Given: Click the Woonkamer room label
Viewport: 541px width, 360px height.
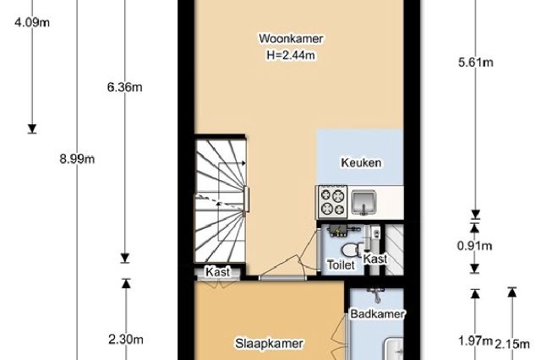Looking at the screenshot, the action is (x=291, y=38).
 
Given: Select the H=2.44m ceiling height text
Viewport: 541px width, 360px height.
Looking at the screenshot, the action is (x=291, y=55).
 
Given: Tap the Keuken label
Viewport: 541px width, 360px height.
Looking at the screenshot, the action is (x=361, y=163).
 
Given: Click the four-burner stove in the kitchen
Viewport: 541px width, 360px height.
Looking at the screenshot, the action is (x=332, y=201).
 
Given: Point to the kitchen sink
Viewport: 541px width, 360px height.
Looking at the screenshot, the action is (x=363, y=202).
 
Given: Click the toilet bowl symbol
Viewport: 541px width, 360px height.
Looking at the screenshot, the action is (x=352, y=249).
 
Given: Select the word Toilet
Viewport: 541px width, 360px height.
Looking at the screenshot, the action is (x=341, y=265).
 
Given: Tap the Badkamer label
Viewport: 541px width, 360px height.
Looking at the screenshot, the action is (x=378, y=314).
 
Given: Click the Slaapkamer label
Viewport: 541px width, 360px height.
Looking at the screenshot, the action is (x=269, y=343).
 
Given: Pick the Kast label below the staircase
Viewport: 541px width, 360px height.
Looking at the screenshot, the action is (x=218, y=272).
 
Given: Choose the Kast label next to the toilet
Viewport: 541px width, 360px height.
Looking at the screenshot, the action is (x=375, y=259).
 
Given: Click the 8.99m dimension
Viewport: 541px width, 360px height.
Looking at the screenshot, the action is (x=77, y=160).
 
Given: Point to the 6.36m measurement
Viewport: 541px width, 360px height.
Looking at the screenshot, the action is (x=124, y=88).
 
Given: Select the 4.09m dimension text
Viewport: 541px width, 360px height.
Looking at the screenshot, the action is (x=32, y=23).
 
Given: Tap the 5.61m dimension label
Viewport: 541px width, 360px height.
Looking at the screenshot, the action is (x=475, y=63).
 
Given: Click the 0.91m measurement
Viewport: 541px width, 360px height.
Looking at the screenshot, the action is (x=474, y=246).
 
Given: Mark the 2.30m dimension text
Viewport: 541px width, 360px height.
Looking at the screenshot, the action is (x=126, y=340).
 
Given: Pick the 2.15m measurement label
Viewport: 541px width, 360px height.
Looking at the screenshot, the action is (x=512, y=344).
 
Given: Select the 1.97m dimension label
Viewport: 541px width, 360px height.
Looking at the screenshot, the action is (x=475, y=341).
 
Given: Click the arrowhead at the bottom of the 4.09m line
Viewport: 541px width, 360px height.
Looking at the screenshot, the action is (x=32, y=128).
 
